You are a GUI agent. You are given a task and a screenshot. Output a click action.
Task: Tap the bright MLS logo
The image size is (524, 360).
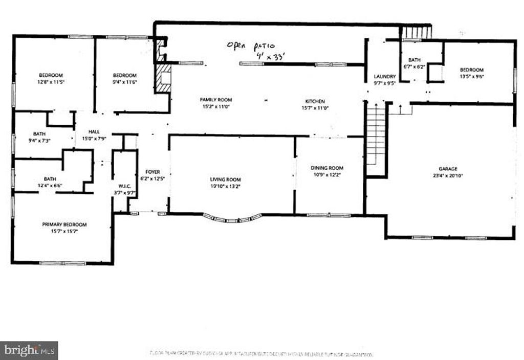[29, 350]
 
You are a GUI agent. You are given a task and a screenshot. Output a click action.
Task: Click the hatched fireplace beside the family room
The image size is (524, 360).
[164, 78]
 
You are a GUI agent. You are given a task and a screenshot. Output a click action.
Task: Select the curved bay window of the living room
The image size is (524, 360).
[232, 218]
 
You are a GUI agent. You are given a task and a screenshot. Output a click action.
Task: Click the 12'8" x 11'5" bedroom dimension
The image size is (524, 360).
[51, 82]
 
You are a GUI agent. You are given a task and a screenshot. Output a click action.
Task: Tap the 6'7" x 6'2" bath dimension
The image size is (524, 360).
[414, 66]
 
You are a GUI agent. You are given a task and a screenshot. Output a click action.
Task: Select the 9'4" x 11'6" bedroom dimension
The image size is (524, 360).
[125, 82]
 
